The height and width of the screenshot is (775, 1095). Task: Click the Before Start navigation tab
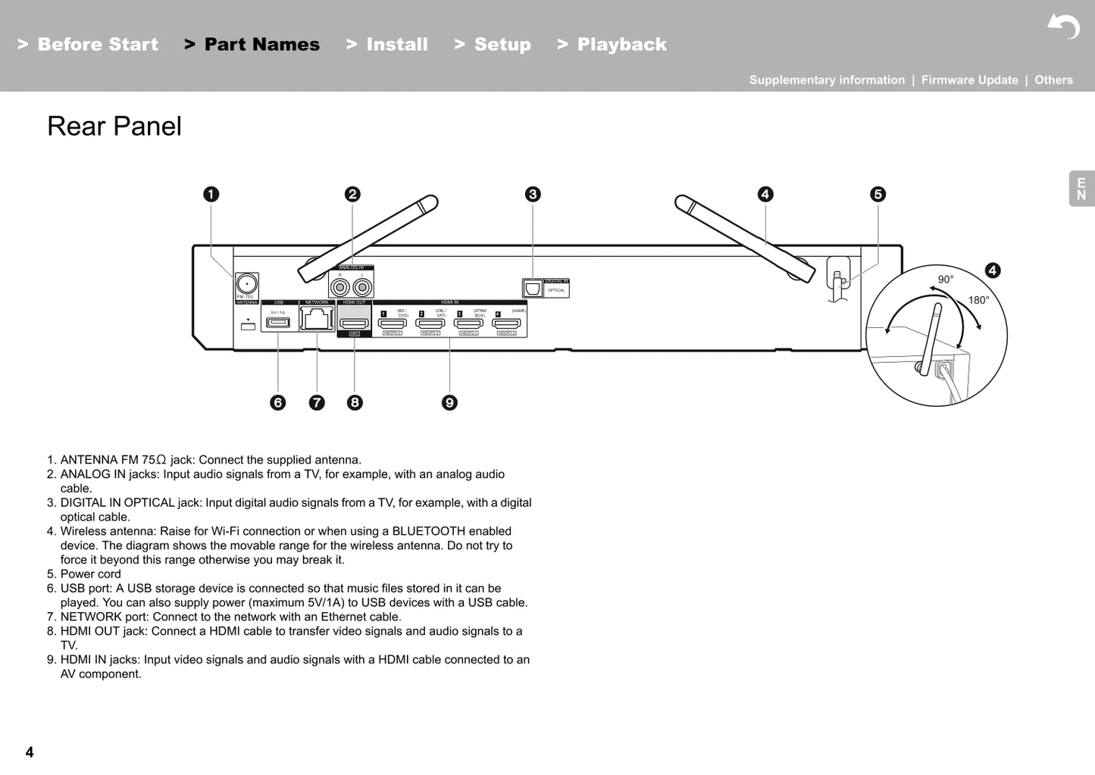pyautogui.click(x=88, y=45)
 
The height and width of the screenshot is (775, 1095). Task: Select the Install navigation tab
pyautogui.click(x=387, y=45)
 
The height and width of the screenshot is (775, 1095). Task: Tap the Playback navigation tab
pyautogui.click(x=612, y=45)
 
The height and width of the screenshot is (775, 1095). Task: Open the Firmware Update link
pyautogui.click(x=969, y=80)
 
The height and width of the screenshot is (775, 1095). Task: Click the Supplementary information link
pyautogui.click(x=827, y=80)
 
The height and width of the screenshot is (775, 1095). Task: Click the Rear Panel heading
pyautogui.click(x=114, y=127)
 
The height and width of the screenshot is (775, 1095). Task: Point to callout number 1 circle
pyautogui.click(x=211, y=194)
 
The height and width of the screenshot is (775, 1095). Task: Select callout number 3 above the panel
pyautogui.click(x=533, y=194)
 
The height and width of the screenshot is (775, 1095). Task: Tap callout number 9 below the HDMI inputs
pyautogui.click(x=449, y=402)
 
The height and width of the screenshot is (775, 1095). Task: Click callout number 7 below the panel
pyautogui.click(x=317, y=402)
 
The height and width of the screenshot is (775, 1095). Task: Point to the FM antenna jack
pyautogui.click(x=246, y=284)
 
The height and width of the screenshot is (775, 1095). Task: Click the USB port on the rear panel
pyautogui.click(x=278, y=323)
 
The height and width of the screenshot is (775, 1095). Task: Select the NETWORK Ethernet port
pyautogui.click(x=317, y=318)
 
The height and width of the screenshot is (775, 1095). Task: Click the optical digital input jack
pyautogui.click(x=533, y=289)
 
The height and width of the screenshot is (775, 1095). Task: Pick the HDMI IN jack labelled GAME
pyautogui.click(x=506, y=323)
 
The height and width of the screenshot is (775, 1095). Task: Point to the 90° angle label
pyautogui.click(x=946, y=280)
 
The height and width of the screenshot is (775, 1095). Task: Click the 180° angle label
pyautogui.click(x=978, y=301)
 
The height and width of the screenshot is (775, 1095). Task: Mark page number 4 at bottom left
pyautogui.click(x=30, y=752)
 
